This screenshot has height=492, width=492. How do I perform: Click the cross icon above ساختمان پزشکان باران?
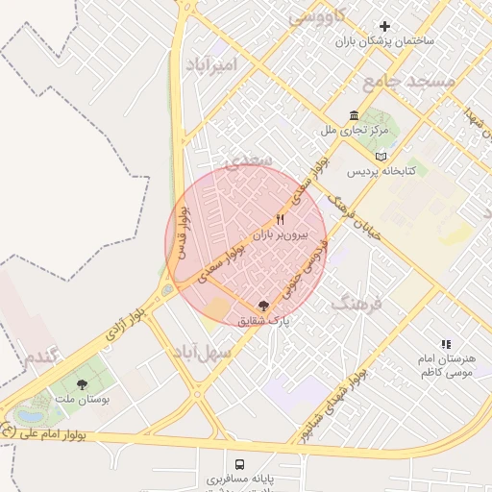coord(386,26)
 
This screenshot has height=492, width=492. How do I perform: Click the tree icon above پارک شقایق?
coord(264,305)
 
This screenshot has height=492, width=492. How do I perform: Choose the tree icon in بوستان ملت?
coord(82,384)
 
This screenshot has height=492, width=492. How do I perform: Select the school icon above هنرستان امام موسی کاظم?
coord(445,343)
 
